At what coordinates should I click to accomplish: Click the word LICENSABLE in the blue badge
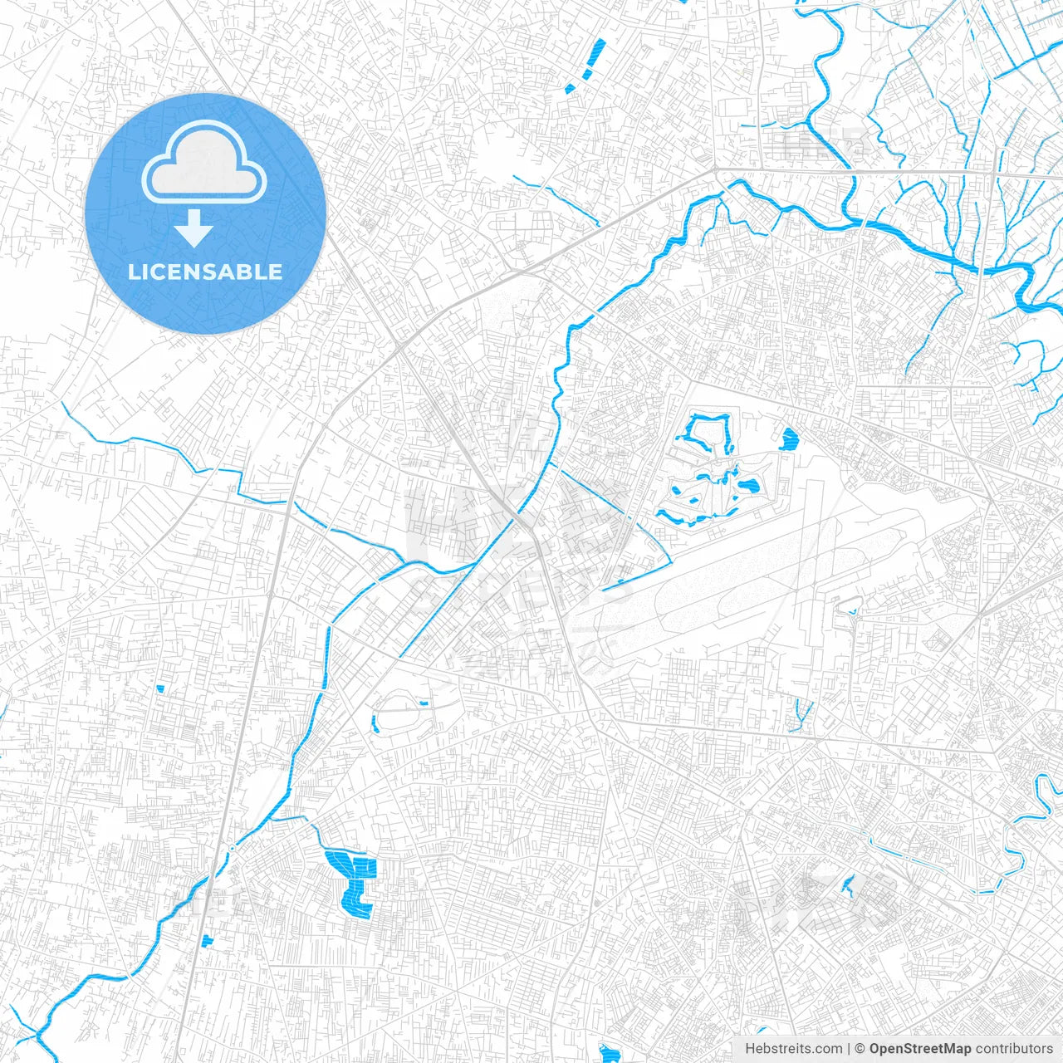pos(205,272)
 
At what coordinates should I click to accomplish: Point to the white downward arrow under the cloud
pos(194,228)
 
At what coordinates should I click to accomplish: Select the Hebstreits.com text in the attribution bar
pos(793,1049)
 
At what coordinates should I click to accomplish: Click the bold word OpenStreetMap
pos(920,1049)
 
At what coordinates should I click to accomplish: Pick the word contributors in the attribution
pos(1014,1049)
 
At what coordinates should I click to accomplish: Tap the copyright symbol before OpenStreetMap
pos(860,1049)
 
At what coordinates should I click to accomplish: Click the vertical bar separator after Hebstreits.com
pos(849,1049)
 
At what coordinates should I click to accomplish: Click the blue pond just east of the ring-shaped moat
pos(787,438)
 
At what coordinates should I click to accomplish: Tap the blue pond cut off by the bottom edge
pos(610,1055)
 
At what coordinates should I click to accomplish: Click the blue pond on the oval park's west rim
pos(375,723)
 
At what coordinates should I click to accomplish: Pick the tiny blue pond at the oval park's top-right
pos(424,703)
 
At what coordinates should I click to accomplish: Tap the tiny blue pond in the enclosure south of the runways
pos(853,613)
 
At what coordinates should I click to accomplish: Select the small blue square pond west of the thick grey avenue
pos(161,688)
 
